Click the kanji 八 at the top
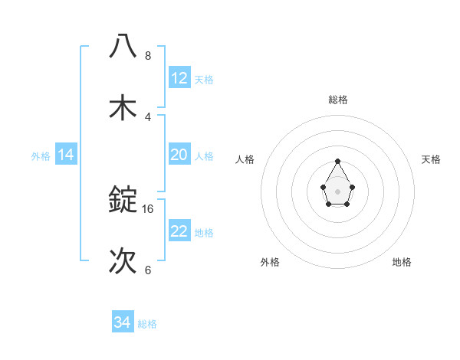click(x=123, y=46)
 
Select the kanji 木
click(x=123, y=107)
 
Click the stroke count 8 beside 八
click(x=148, y=56)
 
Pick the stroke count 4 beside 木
click(x=148, y=117)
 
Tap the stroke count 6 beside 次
click(x=148, y=270)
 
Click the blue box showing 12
click(x=179, y=78)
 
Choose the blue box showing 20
click(x=179, y=155)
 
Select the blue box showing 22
click(x=179, y=231)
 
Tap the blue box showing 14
click(x=66, y=155)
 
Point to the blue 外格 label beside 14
click(x=41, y=156)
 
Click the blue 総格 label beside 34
click(x=147, y=324)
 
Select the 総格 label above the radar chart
click(x=337, y=100)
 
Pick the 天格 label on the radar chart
click(x=431, y=159)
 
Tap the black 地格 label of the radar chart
click(x=402, y=262)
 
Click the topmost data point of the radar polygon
click(x=337, y=161)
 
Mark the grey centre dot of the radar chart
click(x=337, y=191)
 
